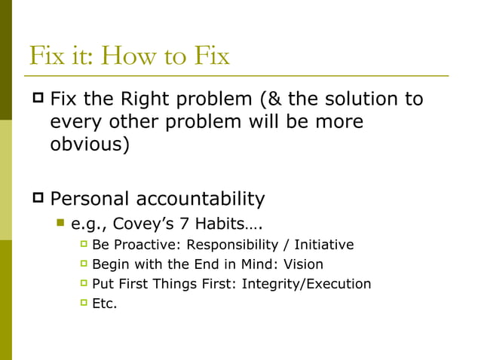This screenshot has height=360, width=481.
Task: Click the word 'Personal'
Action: pyautogui.click(x=90, y=199)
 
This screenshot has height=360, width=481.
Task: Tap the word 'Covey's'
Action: pyautogui.click(x=137, y=224)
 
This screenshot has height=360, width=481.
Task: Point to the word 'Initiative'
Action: pyautogui.click(x=323, y=245)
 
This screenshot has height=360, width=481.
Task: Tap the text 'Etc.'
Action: pyautogui.click(x=104, y=304)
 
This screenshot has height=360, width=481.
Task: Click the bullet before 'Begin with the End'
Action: pyautogui.click(x=83, y=264)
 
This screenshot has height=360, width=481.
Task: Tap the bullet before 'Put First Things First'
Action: pyautogui.click(x=83, y=283)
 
